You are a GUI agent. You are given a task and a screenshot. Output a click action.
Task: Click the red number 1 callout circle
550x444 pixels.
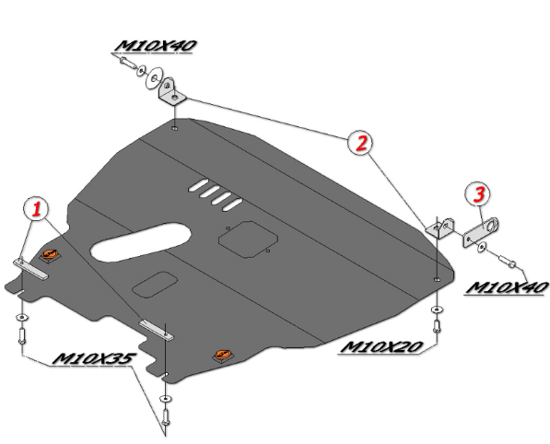tap(37, 209)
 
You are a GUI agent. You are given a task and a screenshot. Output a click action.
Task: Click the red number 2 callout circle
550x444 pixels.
tap(361, 143)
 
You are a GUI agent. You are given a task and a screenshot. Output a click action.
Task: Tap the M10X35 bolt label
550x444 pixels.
tap(94, 358)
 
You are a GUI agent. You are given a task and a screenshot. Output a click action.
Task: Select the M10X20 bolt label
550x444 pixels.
tap(380, 347)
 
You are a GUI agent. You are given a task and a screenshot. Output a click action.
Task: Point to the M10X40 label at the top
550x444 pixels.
tap(156, 46)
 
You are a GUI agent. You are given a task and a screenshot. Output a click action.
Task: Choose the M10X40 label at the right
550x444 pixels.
tap(506, 287)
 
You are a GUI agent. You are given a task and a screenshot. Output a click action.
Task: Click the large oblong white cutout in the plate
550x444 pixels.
tap(141, 241)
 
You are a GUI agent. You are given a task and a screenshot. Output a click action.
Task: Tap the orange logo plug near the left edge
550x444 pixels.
tap(50, 254)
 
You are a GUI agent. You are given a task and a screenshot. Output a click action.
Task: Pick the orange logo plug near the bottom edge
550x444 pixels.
tap(223, 356)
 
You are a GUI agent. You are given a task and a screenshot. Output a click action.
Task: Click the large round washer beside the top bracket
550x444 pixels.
tap(154, 77)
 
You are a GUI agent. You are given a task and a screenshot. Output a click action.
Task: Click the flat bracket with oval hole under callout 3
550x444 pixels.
tap(481, 232)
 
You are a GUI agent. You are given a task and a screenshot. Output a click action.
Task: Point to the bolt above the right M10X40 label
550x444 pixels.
tap(507, 262)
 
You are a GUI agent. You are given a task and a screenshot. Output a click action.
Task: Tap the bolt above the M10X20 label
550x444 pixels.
tap(437, 326)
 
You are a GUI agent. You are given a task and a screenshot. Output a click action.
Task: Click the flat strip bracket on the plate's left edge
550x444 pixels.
tap(31, 269)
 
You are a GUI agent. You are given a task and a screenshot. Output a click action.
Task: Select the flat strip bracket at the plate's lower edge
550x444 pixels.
tap(157, 330)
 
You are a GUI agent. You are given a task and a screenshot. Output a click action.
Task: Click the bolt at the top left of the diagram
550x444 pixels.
tap(128, 64)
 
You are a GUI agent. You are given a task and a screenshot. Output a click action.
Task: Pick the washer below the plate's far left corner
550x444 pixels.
tap(22, 318)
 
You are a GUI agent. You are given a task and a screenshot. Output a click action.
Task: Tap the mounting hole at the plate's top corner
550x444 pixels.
tap(174, 128)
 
